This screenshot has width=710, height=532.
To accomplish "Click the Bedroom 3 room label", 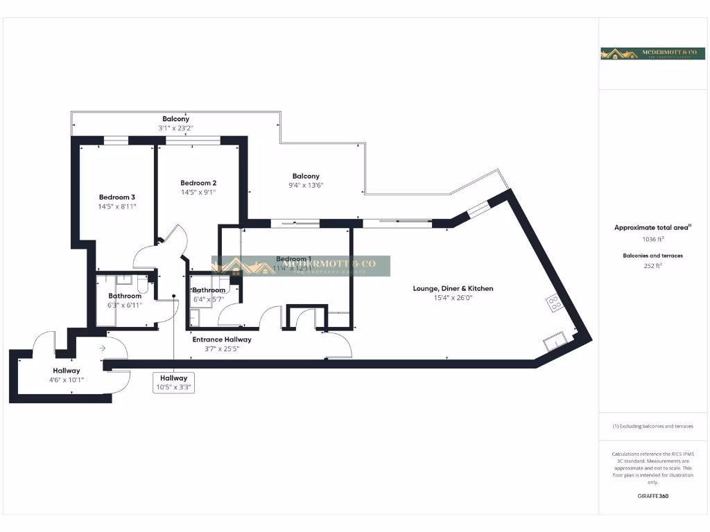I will (x=116, y=197).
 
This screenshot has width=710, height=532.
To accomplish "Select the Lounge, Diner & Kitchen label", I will (x=453, y=288).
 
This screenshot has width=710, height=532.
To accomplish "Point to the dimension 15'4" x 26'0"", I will (x=453, y=298).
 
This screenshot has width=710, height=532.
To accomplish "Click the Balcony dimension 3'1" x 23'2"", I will (x=175, y=128).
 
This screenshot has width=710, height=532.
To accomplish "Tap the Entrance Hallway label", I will (x=222, y=339).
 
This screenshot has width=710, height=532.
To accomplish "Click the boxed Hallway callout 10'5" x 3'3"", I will (x=173, y=382).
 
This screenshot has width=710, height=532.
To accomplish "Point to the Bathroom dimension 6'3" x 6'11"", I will (x=125, y=305).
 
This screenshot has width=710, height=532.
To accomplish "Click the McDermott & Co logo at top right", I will (x=643, y=53).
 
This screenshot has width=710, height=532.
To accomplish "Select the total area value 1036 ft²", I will (x=652, y=238).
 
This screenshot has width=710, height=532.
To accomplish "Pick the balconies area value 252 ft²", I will (x=652, y=265).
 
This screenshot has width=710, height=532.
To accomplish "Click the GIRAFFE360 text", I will (x=652, y=496).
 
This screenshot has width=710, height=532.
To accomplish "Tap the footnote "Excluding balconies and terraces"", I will (x=652, y=426).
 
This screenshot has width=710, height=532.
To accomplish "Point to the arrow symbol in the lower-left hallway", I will (x=103, y=348).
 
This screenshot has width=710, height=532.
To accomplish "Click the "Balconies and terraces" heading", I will (x=652, y=256).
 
